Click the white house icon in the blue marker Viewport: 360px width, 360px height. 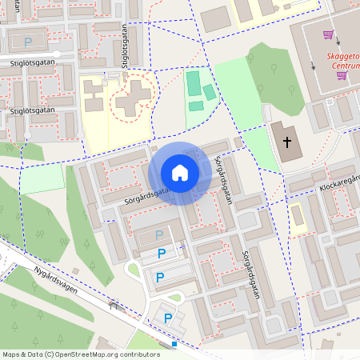(x=180, y=173)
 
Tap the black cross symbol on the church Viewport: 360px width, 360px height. (x=287, y=142)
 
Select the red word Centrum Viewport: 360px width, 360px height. (x=344, y=66)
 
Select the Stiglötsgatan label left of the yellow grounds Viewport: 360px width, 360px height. (x=33, y=109)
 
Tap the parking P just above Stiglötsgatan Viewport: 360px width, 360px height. (x=29, y=42)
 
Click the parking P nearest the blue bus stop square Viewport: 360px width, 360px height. (x=168, y=318)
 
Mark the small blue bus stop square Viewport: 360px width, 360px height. (x=174, y=344)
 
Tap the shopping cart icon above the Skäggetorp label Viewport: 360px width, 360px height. (x=328, y=34)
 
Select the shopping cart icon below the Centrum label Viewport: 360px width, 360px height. (x=342, y=76)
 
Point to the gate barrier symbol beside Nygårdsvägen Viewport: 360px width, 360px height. (x=114, y=305)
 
